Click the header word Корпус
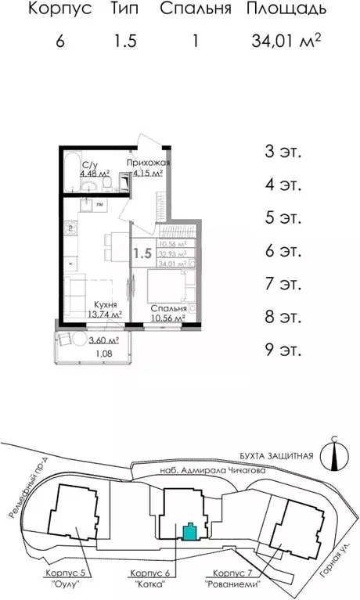tap(60, 9)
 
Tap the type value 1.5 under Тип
tap(125, 41)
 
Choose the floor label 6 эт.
tap(283, 251)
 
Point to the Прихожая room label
tap(148, 162)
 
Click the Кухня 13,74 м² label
tap(104, 310)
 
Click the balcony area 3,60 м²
tap(103, 340)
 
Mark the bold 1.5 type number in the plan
tap(142, 253)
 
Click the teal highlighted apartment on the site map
tap(189, 532)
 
